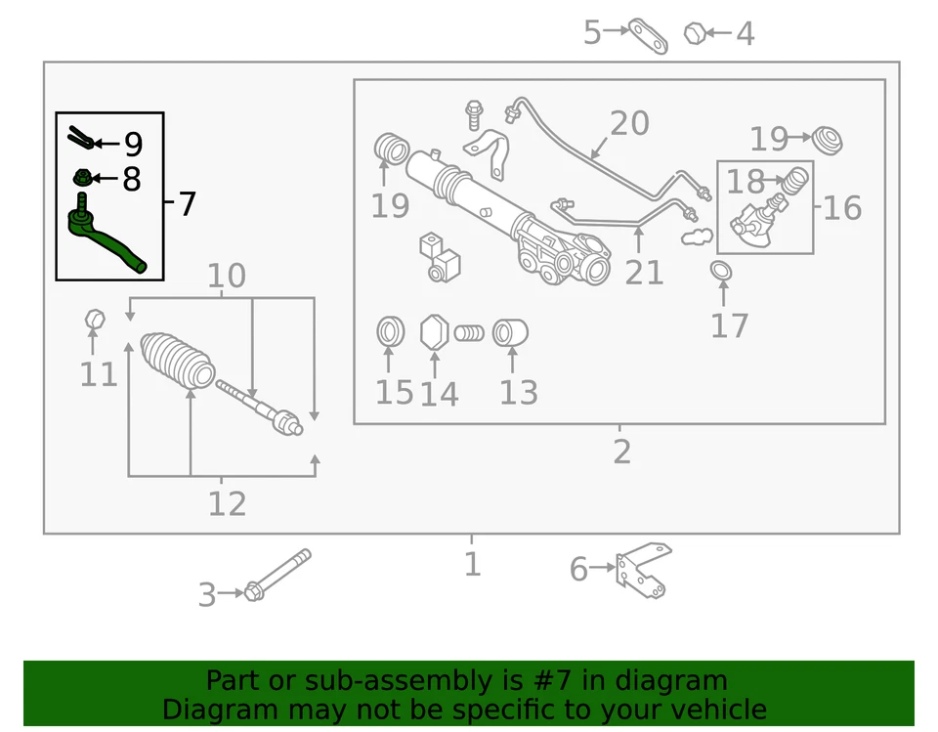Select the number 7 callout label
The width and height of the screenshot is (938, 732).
pyautogui.click(x=187, y=204)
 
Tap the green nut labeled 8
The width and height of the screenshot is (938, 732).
pyautogui.click(x=84, y=179)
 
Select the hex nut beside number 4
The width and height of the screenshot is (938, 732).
pyautogui.click(x=695, y=33)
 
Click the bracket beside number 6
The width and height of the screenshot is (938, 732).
pyautogui.click(x=644, y=571)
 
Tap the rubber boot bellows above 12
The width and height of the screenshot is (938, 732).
pyautogui.click(x=178, y=363)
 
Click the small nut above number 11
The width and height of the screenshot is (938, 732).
pyautogui.click(x=93, y=319)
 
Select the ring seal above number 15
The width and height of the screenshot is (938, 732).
pyautogui.click(x=389, y=332)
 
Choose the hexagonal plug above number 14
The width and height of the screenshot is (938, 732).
pyautogui.click(x=434, y=332)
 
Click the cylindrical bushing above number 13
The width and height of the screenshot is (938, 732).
pyautogui.click(x=510, y=332)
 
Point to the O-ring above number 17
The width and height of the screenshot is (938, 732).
pyautogui.click(x=720, y=270)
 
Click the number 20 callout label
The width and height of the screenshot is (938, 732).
pyautogui.click(x=629, y=123)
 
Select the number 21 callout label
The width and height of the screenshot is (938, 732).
pyautogui.click(x=644, y=271)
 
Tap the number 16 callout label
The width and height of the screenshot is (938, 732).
pyautogui.click(x=842, y=207)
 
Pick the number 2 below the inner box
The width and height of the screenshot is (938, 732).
pyautogui.click(x=621, y=452)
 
